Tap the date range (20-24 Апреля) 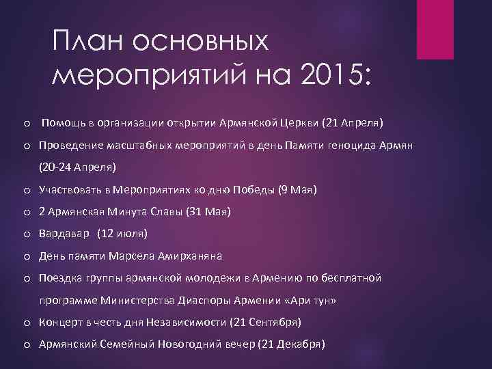pyautogui.click(x=78, y=167)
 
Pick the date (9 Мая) pyautogui.click(x=298, y=189)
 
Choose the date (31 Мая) pyautogui.click(x=208, y=212)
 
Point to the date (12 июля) pyautogui.click(x=122, y=234)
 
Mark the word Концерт pyautogui.click(x=61, y=322)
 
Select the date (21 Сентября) pyautogui.click(x=265, y=322)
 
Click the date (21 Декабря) pyautogui.click(x=291, y=344)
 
